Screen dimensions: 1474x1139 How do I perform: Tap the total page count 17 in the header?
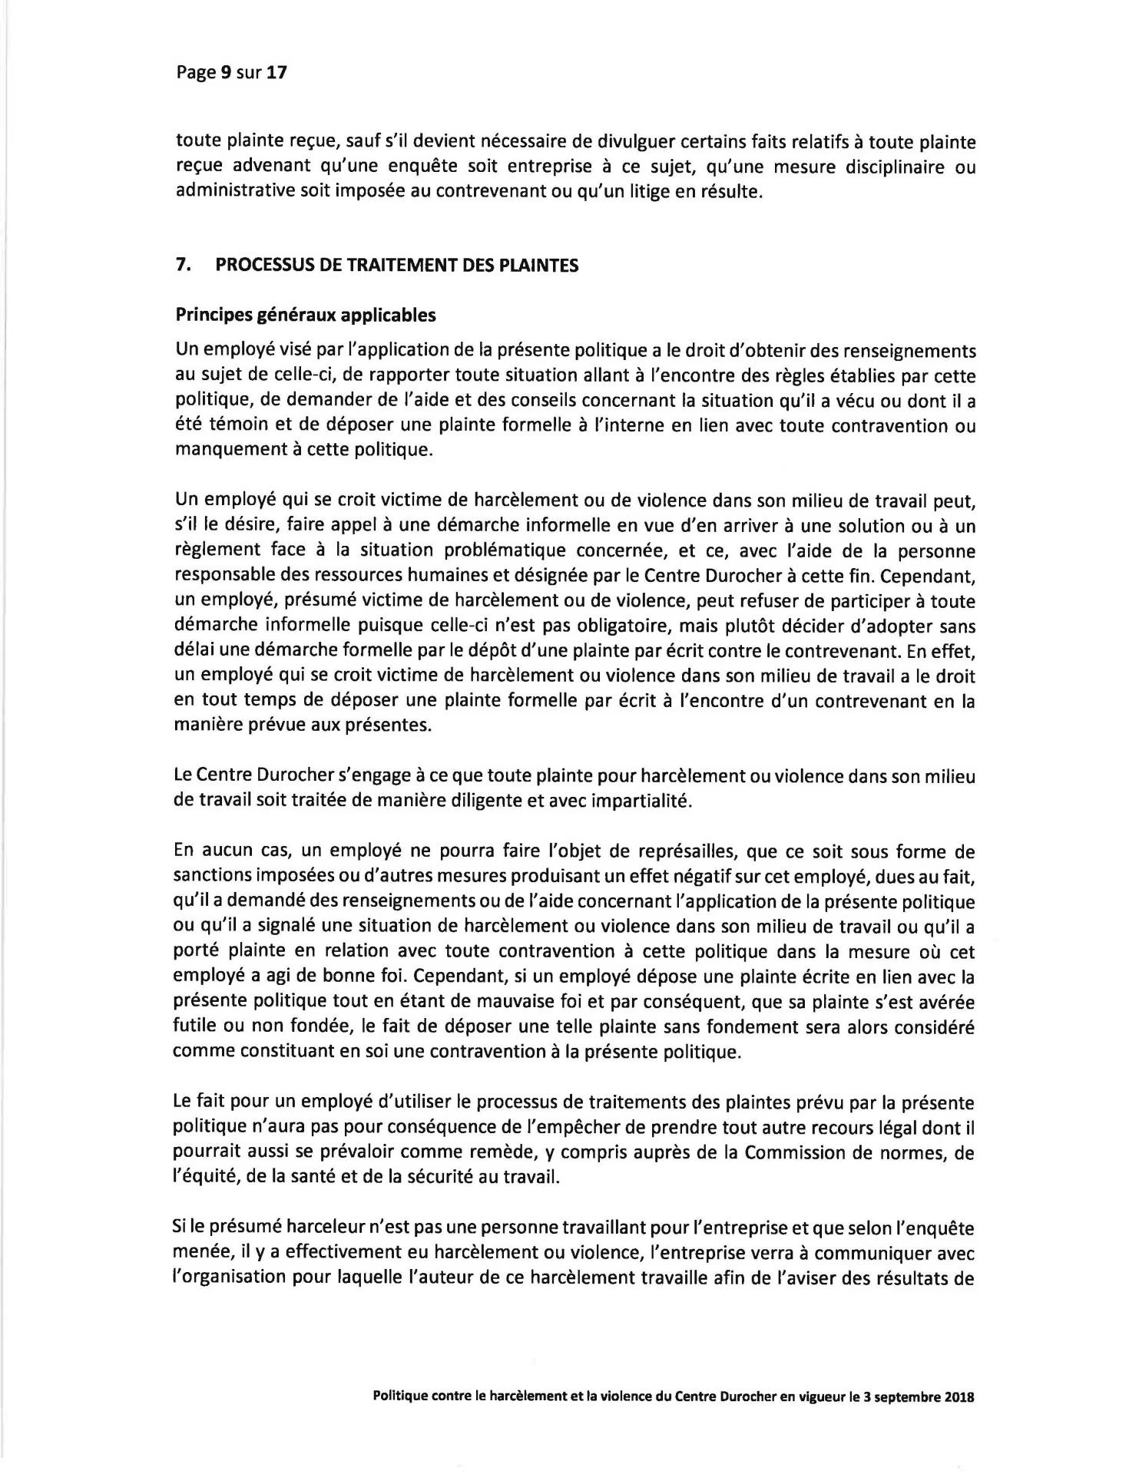[x=276, y=73]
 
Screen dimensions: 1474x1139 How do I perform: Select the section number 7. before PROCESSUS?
[x=183, y=266]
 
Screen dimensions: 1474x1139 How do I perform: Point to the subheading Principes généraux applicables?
[x=306, y=315]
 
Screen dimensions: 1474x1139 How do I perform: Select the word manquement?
[x=220, y=451]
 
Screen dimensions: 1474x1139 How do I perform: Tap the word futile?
[x=192, y=1027]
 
